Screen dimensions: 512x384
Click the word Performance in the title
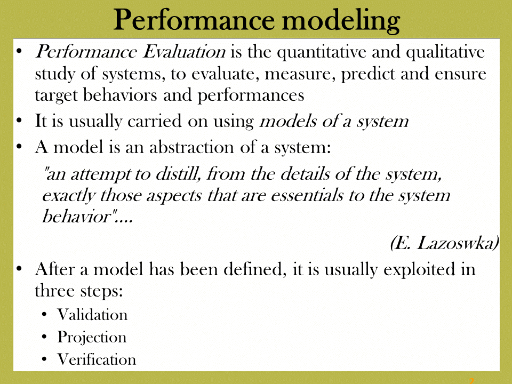(194, 20)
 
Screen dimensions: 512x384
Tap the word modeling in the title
(341, 21)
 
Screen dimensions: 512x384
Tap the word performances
(251, 96)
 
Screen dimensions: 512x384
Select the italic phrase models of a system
(334, 122)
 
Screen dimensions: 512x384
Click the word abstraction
(192, 147)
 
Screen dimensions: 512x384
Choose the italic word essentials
(307, 195)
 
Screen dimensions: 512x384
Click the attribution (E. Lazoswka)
(444, 243)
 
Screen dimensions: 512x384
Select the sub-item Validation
(92, 315)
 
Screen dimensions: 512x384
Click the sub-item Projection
(92, 338)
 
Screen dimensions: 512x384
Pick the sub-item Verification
(97, 359)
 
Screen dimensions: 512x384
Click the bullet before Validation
(45, 315)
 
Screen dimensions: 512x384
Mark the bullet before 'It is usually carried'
(19, 121)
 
